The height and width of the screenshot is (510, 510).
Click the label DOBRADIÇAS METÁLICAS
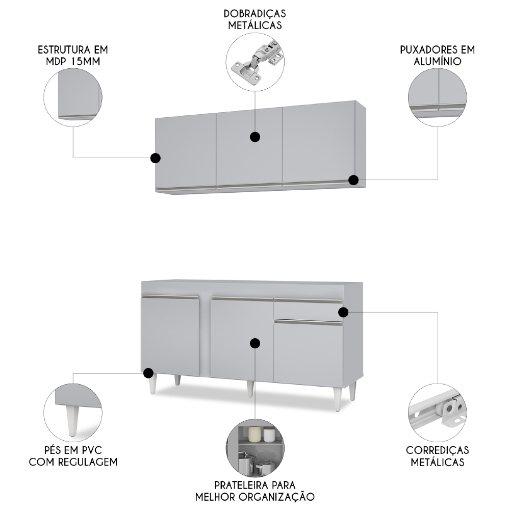point(254,19)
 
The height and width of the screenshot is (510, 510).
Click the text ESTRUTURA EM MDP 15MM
point(73,56)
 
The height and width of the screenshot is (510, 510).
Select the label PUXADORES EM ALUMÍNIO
point(438,56)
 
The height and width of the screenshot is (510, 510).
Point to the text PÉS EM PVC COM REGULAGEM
point(73,456)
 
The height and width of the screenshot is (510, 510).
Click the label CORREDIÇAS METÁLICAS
point(438,456)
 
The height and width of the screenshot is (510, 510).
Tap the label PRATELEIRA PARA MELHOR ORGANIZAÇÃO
point(254,491)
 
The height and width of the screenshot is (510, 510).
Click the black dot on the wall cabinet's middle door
point(255,137)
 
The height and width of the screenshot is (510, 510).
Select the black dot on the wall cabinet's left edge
point(156,158)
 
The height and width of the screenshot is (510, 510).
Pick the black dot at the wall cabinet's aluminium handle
point(353,180)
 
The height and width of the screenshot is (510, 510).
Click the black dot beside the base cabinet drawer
point(343,312)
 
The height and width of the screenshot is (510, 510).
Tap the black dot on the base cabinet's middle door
point(255,343)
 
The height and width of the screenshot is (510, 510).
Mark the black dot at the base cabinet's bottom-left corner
point(148,373)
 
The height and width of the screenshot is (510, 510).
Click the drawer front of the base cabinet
point(308,310)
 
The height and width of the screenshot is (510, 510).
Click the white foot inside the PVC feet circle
point(72,421)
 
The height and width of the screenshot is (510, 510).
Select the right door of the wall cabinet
point(319,144)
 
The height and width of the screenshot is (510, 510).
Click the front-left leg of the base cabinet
point(152,384)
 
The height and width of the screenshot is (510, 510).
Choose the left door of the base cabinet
point(170,336)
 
